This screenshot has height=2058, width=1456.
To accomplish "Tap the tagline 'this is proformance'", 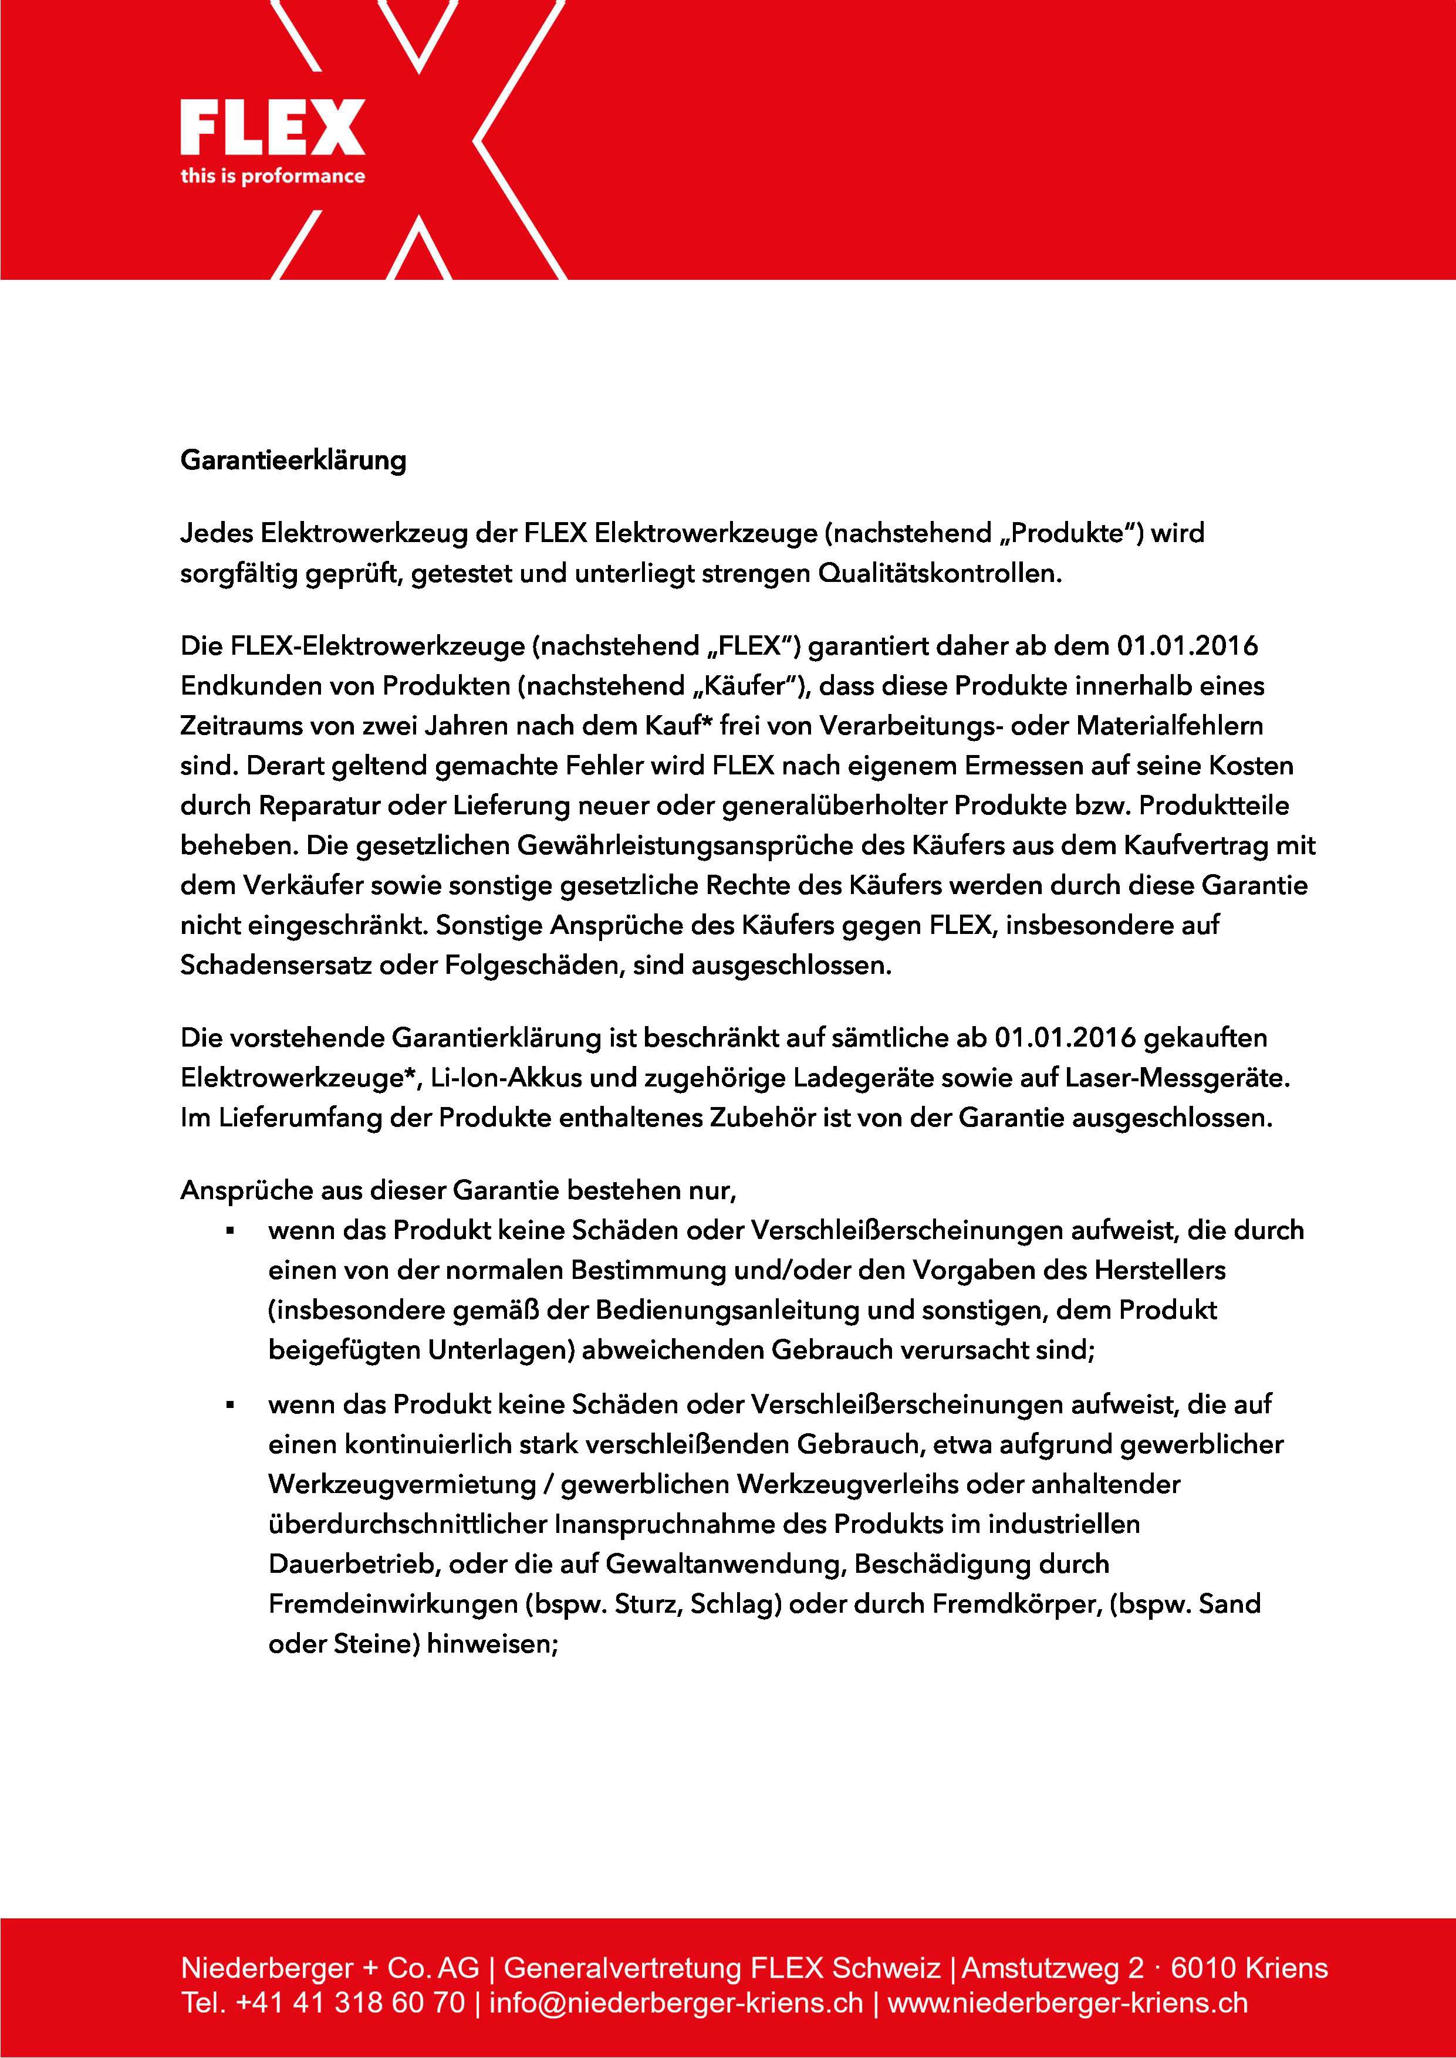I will (x=272, y=175).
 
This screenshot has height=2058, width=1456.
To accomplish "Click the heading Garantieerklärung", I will (x=293, y=461).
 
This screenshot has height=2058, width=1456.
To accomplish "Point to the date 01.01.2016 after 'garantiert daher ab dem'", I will (x=1187, y=645).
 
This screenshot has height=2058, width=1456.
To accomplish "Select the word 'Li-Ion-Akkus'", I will (x=506, y=1078).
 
